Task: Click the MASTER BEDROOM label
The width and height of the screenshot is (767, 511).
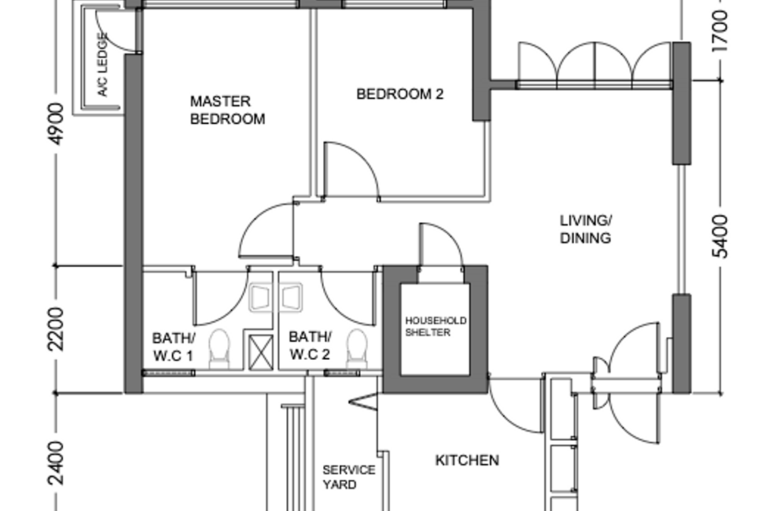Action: click(227, 111)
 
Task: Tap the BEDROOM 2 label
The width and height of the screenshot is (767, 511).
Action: click(400, 94)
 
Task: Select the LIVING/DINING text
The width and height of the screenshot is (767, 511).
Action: click(585, 229)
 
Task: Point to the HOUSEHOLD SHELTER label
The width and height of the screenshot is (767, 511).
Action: click(435, 326)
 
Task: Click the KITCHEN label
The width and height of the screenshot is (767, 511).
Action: click(467, 461)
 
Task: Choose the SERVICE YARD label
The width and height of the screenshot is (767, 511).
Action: click(349, 477)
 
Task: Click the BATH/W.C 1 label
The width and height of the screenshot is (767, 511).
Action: click(173, 345)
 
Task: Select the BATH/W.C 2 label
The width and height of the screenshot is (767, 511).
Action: click(310, 345)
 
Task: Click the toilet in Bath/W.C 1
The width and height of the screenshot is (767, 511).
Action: click(219, 348)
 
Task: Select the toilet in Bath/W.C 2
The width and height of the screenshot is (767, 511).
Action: click(357, 348)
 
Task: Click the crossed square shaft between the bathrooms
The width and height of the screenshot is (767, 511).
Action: click(259, 352)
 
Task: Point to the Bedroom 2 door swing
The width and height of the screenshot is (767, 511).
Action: click(350, 170)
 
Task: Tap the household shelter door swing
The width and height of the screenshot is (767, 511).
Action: click(440, 245)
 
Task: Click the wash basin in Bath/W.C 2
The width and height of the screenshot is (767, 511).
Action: click(291, 297)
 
